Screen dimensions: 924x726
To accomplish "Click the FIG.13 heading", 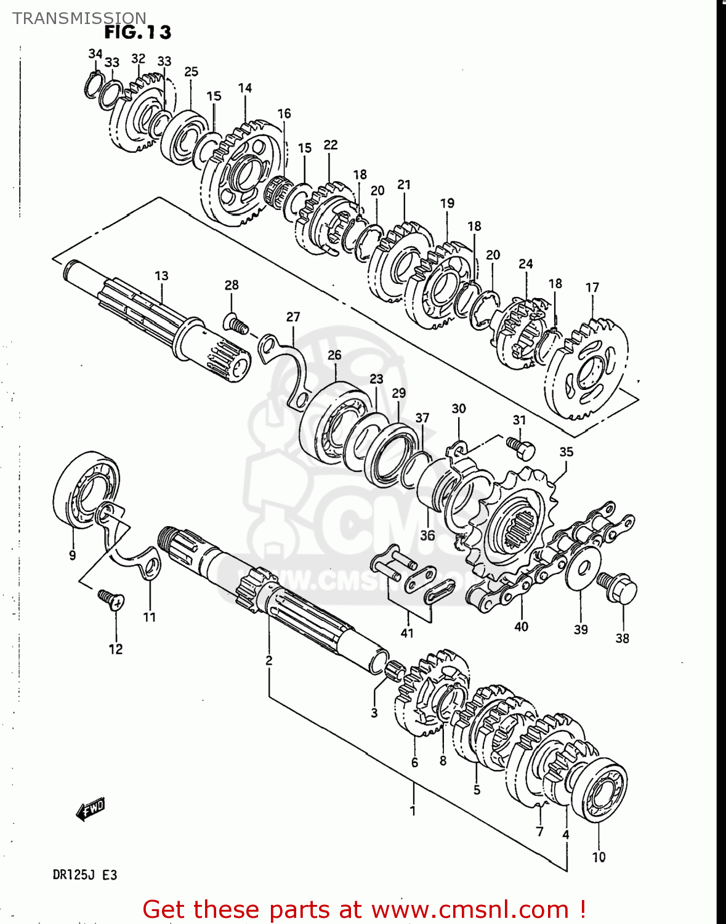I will (137, 32).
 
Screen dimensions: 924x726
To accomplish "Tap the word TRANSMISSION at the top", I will (79, 18).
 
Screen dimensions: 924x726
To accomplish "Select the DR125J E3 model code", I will (84, 875).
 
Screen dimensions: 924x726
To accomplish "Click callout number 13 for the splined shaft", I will (161, 275).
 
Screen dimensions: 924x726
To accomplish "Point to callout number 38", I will (622, 638).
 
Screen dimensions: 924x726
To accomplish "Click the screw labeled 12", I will (111, 599).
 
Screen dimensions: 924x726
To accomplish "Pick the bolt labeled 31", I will (521, 448).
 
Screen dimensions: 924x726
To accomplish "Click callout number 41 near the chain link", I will (407, 633).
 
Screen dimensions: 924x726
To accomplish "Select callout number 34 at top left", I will (95, 54).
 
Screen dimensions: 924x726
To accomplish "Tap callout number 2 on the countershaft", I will (268, 660).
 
